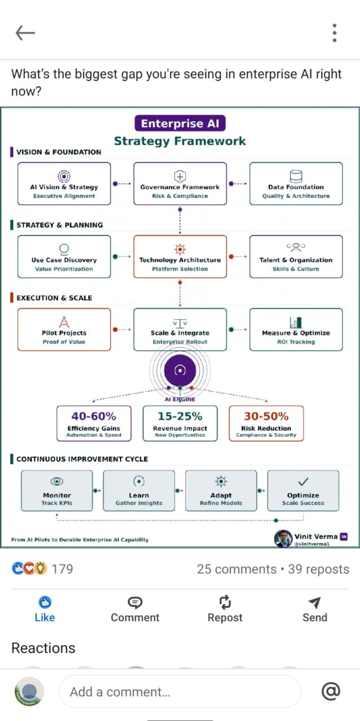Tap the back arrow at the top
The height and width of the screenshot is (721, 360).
[x=25, y=33]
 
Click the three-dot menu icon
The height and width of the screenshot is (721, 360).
[x=335, y=33]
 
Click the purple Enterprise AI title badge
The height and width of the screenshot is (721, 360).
[x=180, y=124]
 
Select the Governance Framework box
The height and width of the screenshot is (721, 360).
[x=180, y=183]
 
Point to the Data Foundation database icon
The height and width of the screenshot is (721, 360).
[x=296, y=176]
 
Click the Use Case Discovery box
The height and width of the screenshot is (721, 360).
[x=64, y=256]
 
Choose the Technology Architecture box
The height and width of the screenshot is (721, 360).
[x=180, y=256]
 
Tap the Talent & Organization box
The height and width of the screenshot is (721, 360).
[x=296, y=256]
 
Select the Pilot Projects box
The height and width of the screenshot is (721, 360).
[x=64, y=330]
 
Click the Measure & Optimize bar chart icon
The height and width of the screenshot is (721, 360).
[x=296, y=322]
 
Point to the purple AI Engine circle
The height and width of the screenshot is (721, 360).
[x=180, y=370]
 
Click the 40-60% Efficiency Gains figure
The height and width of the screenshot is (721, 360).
[x=94, y=416]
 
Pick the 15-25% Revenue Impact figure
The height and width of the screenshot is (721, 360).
[x=180, y=416]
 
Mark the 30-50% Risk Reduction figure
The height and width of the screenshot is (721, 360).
[x=266, y=416]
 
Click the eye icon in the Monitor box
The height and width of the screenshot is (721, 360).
[x=57, y=481]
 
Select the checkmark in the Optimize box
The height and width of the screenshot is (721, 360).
[x=303, y=482]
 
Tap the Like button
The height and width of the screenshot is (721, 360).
[x=45, y=609]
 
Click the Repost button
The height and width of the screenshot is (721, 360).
[x=225, y=609]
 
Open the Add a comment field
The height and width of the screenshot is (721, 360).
[x=179, y=692]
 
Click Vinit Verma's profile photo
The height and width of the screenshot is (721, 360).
[x=283, y=539]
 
